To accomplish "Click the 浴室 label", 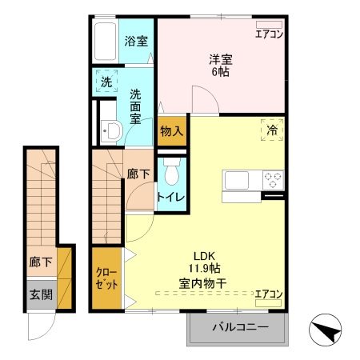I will click(135, 41).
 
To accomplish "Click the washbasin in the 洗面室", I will click(111, 131).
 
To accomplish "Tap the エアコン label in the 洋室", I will click(268, 34).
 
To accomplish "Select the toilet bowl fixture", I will click(170, 170).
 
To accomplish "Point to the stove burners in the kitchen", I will click(272, 180).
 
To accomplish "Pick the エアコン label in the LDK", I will click(268, 295).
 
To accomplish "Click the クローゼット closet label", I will click(106, 279).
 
